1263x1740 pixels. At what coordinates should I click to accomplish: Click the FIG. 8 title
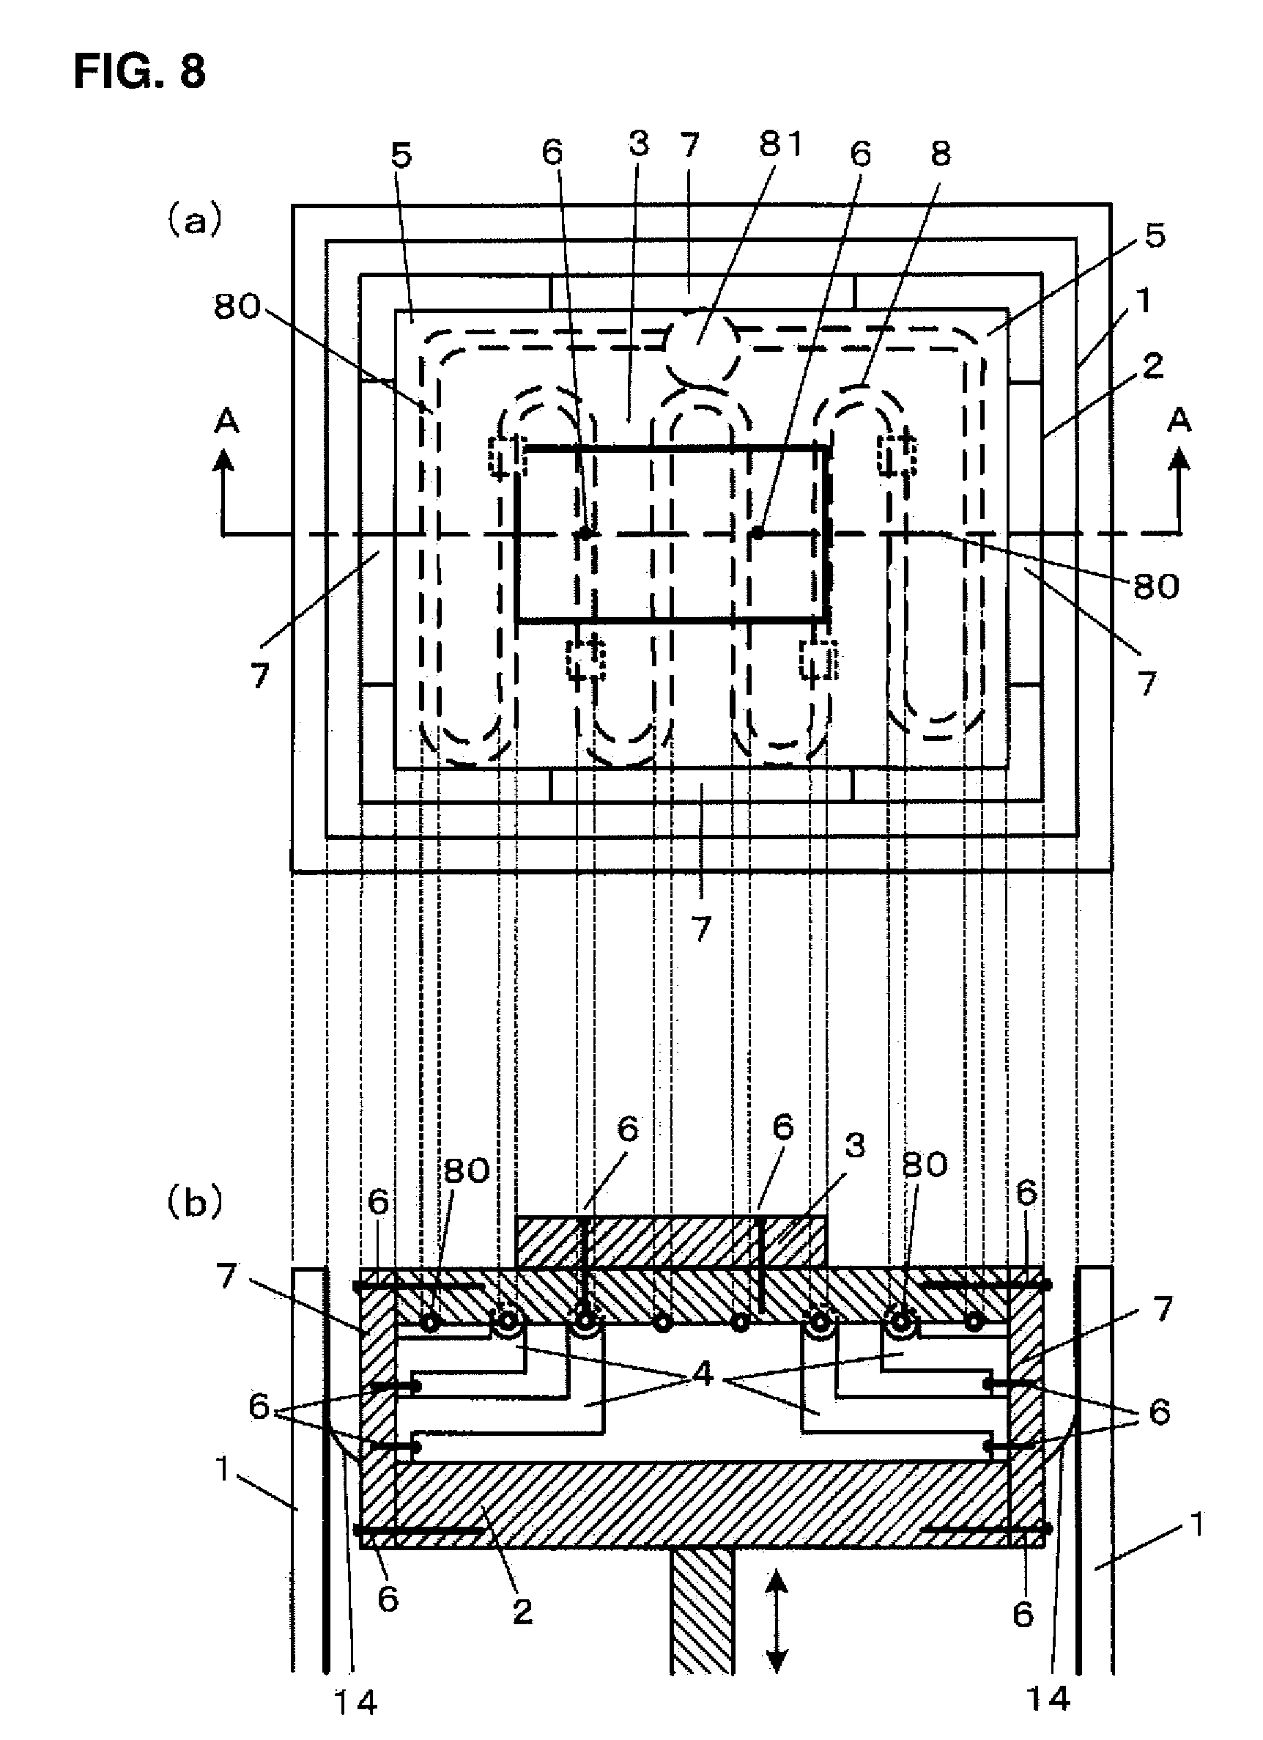(140, 73)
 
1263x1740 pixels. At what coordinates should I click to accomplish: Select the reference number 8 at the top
(940, 153)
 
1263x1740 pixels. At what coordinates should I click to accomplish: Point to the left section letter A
(227, 421)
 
